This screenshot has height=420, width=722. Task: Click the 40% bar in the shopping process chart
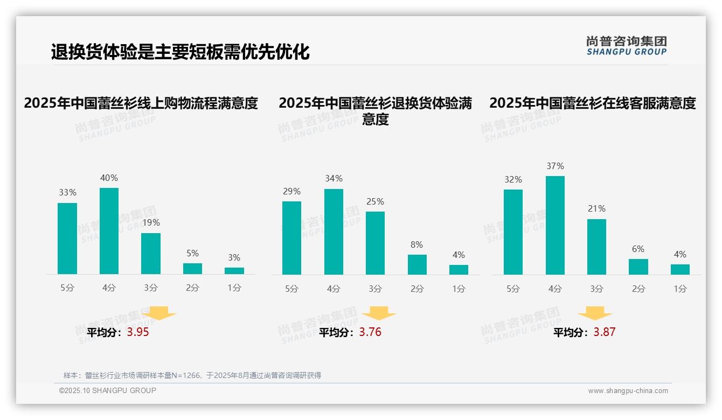click(109, 231)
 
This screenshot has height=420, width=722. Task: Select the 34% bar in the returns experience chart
click(334, 232)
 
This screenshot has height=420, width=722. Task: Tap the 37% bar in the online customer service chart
click(555, 225)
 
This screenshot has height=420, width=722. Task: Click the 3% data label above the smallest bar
click(234, 258)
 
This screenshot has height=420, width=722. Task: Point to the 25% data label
click(375, 202)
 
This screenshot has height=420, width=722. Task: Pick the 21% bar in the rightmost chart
click(596, 247)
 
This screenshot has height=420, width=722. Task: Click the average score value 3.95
click(138, 332)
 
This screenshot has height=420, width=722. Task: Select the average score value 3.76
click(370, 332)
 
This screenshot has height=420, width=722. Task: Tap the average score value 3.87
click(604, 332)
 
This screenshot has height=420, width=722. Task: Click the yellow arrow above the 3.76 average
click(379, 313)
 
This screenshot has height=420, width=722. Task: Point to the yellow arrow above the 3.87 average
click(595, 313)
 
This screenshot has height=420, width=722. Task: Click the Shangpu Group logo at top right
click(626, 46)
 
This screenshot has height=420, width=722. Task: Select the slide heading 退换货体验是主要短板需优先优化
click(180, 52)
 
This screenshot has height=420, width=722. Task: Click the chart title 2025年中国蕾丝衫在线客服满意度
click(592, 103)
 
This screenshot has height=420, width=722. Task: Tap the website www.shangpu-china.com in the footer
click(628, 391)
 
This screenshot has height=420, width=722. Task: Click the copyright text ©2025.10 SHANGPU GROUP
click(108, 390)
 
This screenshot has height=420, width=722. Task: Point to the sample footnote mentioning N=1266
click(192, 375)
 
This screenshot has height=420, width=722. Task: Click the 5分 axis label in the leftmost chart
click(67, 288)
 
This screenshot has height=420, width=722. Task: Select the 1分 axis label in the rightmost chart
click(680, 289)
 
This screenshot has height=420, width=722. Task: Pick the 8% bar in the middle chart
click(417, 264)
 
